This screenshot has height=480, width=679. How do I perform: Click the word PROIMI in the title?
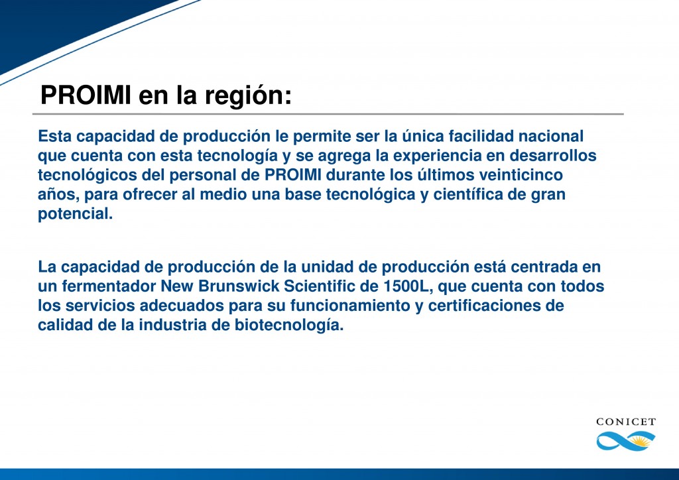click(x=86, y=95)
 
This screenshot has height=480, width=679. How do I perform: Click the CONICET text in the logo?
click(x=625, y=422)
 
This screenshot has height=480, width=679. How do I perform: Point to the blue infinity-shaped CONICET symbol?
click(x=625, y=440)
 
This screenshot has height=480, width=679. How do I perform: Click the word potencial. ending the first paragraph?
click(x=76, y=215)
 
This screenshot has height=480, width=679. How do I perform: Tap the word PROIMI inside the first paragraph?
click(x=292, y=176)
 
